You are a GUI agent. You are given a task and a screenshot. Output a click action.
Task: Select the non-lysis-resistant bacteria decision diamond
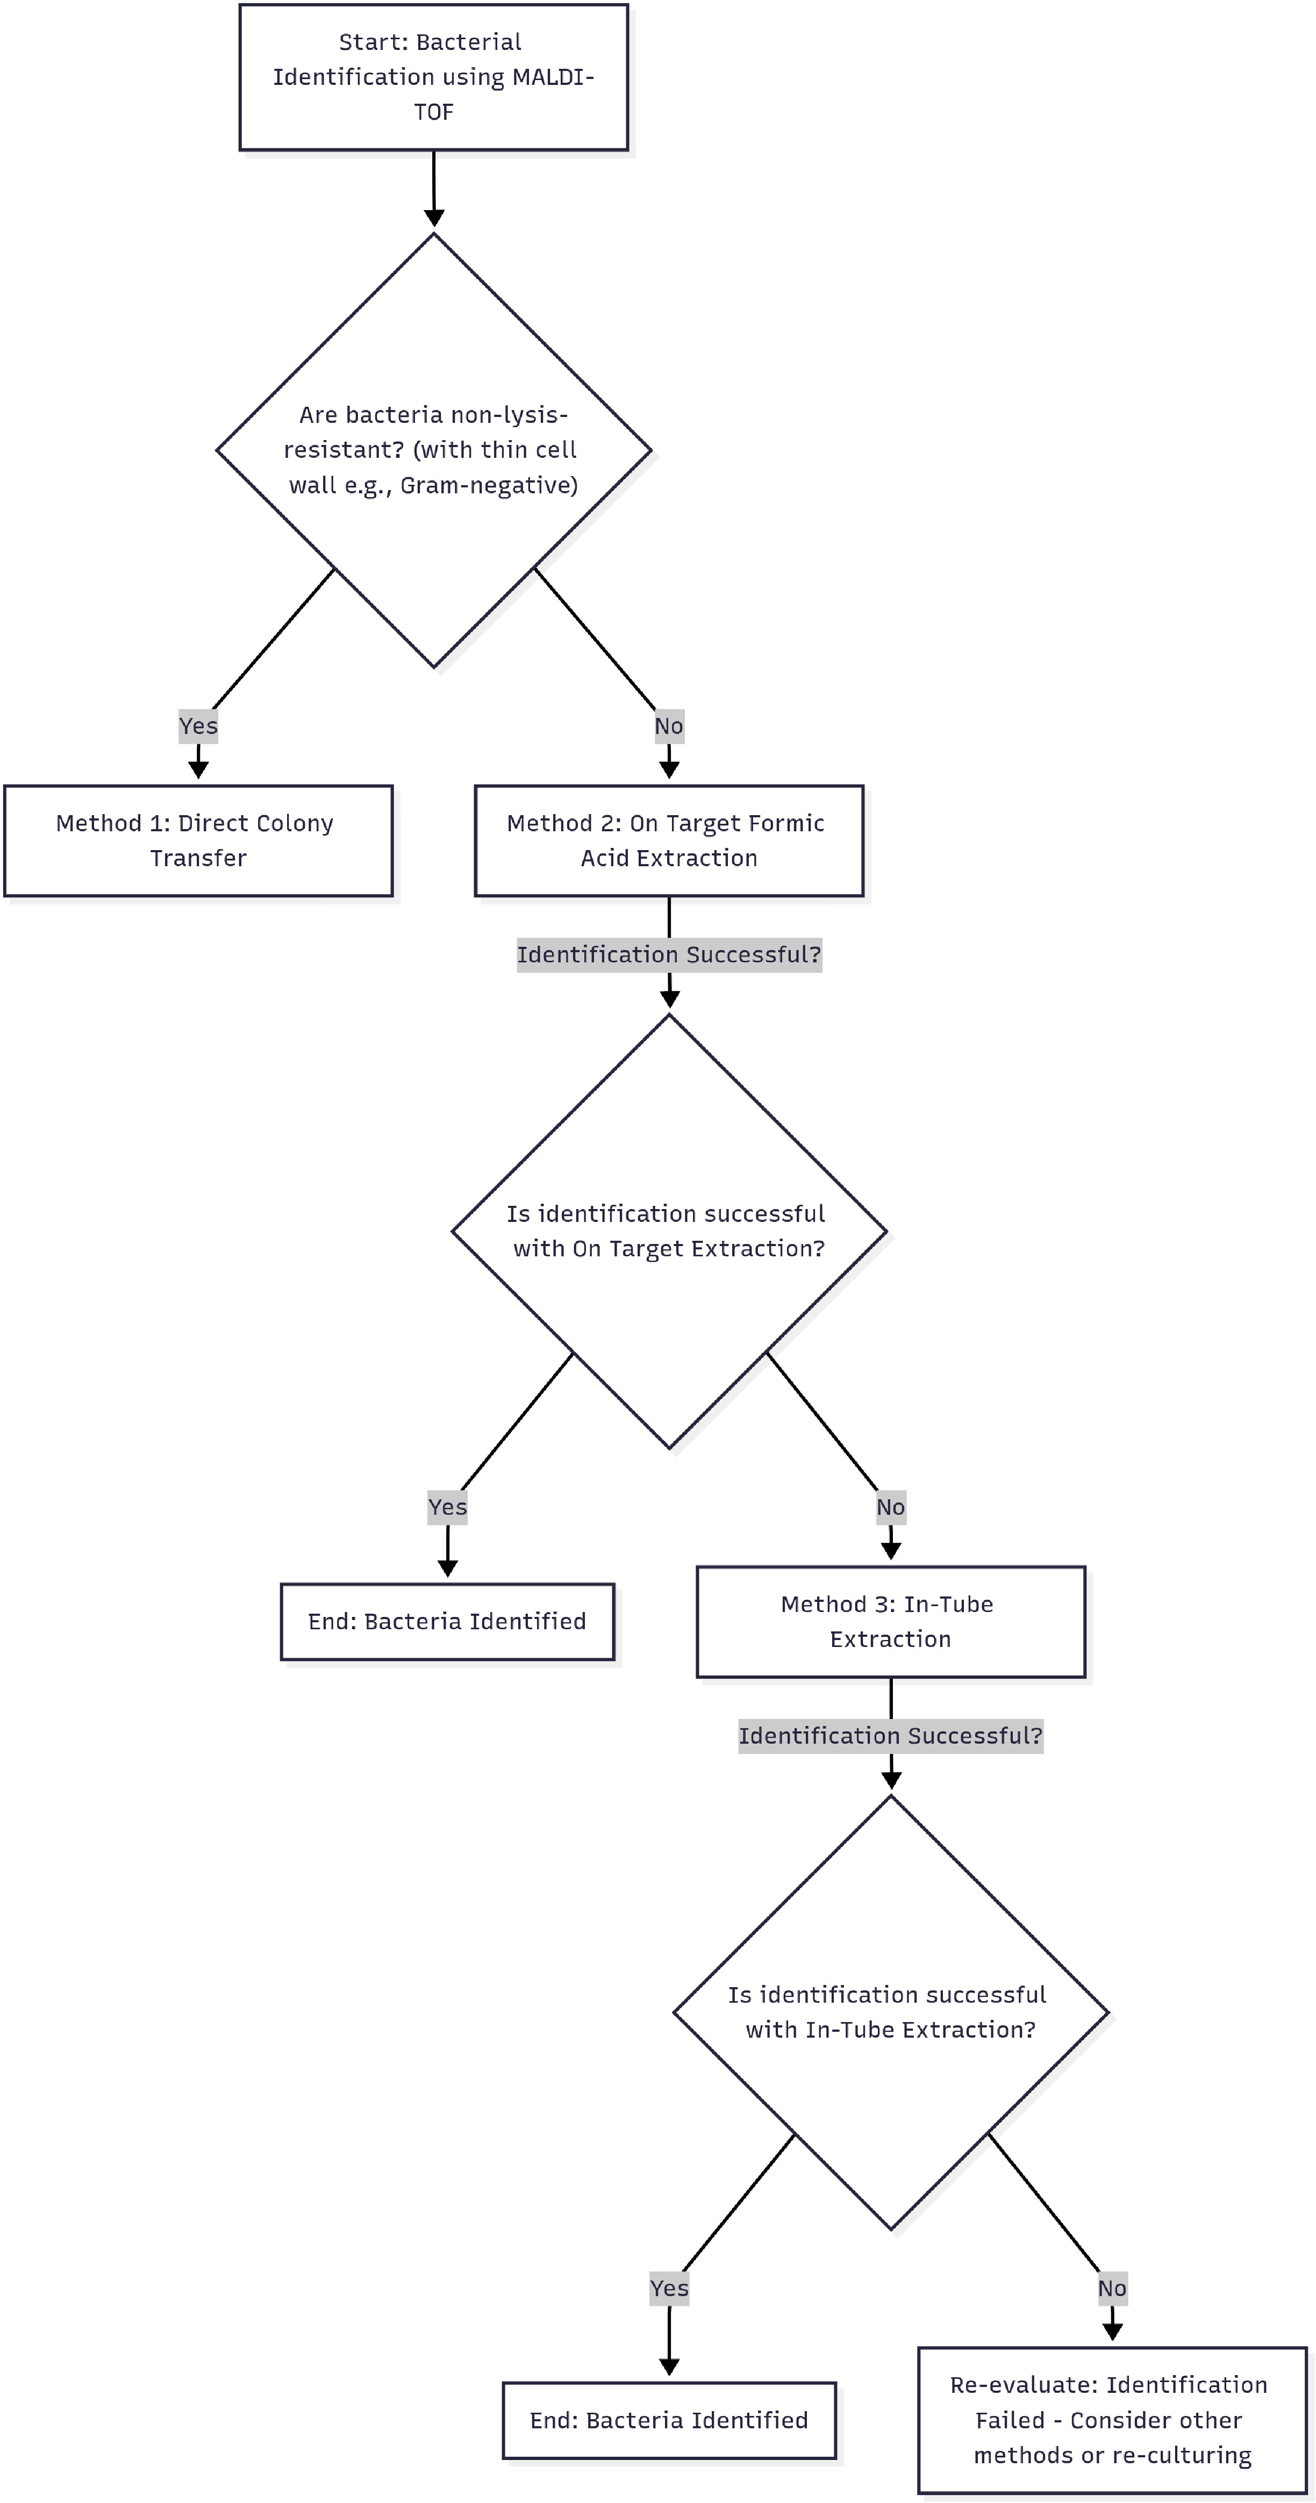[433, 450]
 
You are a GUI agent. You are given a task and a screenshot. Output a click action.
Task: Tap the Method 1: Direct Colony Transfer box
[198, 840]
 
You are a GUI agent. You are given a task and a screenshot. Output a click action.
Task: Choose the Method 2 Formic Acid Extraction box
[669, 840]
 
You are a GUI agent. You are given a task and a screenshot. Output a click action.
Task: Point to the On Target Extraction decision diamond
[669, 1231]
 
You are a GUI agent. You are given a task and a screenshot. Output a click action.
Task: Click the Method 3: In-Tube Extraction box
[890, 1622]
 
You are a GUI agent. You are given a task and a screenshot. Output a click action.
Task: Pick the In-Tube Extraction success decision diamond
[890, 2012]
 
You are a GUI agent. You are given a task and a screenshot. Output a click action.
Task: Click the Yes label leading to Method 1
[198, 726]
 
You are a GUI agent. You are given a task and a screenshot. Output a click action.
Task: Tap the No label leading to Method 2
[669, 726]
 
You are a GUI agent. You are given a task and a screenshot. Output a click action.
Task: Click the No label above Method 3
[890, 1507]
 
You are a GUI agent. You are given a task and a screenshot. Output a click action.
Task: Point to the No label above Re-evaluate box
[1112, 2288]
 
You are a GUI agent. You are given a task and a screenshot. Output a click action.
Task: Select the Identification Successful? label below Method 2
[669, 954]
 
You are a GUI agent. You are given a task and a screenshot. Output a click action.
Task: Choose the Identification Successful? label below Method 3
[890, 1735]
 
